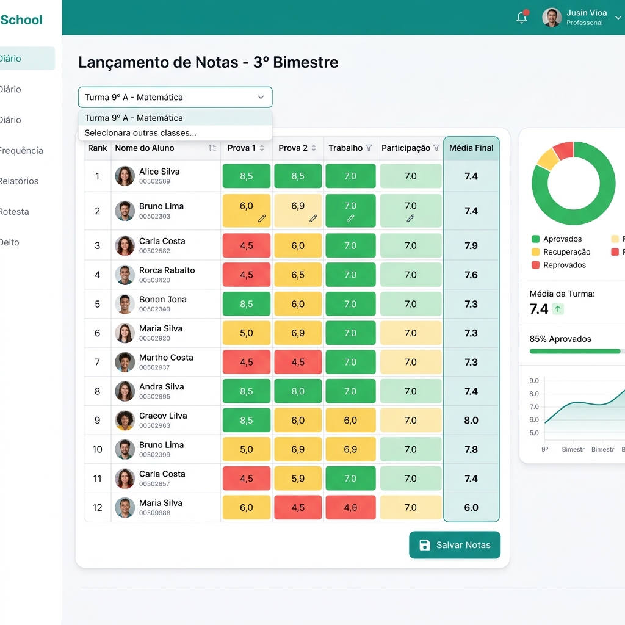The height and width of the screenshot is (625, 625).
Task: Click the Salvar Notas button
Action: click(x=454, y=545)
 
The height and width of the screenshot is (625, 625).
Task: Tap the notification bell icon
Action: click(x=522, y=18)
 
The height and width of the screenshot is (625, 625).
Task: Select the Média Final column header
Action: click(x=471, y=148)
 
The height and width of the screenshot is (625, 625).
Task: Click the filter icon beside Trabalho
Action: click(x=369, y=148)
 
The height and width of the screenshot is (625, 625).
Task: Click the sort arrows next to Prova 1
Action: click(x=262, y=148)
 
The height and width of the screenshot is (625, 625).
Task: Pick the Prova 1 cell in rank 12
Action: click(x=247, y=507)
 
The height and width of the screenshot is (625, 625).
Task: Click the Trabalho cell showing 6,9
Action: click(x=350, y=449)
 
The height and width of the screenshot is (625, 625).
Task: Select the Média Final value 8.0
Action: click(x=471, y=420)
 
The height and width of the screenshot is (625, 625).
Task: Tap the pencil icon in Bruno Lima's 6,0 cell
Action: click(x=262, y=218)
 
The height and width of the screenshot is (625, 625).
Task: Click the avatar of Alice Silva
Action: click(x=125, y=176)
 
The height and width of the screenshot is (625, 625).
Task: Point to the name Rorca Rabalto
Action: click(x=167, y=270)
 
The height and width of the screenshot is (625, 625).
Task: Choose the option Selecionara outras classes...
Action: click(x=140, y=132)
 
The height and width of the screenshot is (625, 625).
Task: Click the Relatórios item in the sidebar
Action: click(x=19, y=181)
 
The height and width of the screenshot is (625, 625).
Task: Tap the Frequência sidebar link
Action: click(x=21, y=150)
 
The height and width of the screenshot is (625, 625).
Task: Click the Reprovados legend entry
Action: click(x=559, y=265)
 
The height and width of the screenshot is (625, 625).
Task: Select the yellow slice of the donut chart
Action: click(x=547, y=159)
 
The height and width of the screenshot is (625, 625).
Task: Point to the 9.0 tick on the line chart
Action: click(x=533, y=381)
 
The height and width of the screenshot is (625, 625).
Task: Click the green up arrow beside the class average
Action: click(x=558, y=308)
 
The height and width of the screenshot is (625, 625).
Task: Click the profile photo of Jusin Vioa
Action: click(x=552, y=18)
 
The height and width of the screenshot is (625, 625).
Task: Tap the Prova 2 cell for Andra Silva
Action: click(x=298, y=391)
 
